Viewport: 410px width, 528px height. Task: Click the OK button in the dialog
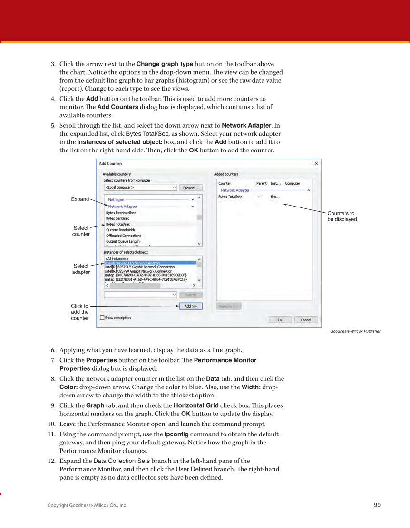(280, 320)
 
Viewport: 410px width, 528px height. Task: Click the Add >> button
(191, 306)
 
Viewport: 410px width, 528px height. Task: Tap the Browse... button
(191, 188)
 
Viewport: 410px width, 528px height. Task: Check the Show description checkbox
(102, 318)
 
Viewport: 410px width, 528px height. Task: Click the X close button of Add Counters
(317, 163)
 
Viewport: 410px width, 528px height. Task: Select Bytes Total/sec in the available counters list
(118, 224)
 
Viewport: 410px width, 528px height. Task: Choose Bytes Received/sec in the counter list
(121, 213)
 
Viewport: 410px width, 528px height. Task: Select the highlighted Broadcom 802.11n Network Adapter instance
(133, 263)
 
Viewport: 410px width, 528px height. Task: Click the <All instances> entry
(117, 258)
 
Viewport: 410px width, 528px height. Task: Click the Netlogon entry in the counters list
(116, 200)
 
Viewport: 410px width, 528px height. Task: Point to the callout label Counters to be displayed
(342, 217)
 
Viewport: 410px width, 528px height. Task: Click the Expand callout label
(80, 199)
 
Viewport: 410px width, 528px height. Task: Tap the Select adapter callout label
(81, 269)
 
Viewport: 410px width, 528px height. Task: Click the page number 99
(377, 505)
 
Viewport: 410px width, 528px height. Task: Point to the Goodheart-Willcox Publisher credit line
(355, 331)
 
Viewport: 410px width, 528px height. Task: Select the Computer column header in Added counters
(293, 183)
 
